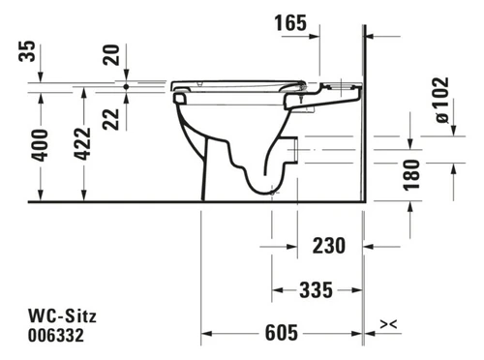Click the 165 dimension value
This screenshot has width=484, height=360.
tap(290, 23)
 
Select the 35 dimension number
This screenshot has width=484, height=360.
tap(27, 51)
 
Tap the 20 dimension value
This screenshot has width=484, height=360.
tap(111, 55)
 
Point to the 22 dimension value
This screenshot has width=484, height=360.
tap(111, 119)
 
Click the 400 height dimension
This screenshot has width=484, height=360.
tap(40, 145)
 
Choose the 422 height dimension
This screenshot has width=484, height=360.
tap(82, 144)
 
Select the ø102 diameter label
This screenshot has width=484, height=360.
tap(442, 100)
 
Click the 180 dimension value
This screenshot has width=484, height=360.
tap(412, 174)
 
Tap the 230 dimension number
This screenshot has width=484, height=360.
tap(329, 246)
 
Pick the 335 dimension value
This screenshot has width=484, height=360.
tap(317, 289)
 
